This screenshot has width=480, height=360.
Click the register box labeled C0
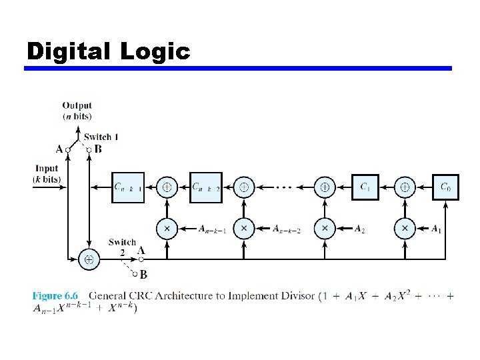(445, 187)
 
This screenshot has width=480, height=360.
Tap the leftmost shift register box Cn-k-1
(127, 187)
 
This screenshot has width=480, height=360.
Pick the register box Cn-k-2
(206, 187)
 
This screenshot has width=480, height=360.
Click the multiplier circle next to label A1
(404, 229)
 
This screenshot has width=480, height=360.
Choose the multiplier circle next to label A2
(325, 229)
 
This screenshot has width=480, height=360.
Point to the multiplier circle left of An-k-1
(167, 229)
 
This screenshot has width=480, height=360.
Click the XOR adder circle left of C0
(404, 187)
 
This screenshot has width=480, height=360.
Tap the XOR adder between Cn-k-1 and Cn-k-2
(167, 187)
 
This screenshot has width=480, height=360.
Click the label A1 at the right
(436, 229)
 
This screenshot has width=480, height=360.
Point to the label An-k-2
(287, 229)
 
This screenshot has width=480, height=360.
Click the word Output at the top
(77, 105)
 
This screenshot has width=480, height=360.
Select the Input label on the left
(47, 169)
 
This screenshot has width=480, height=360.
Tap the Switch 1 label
(101, 137)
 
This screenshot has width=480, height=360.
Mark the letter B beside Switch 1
(98, 149)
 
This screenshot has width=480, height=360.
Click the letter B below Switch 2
(143, 274)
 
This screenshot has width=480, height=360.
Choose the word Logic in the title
(155, 51)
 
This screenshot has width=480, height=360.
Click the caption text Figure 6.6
(55, 295)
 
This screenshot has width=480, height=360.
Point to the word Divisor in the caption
(294, 295)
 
